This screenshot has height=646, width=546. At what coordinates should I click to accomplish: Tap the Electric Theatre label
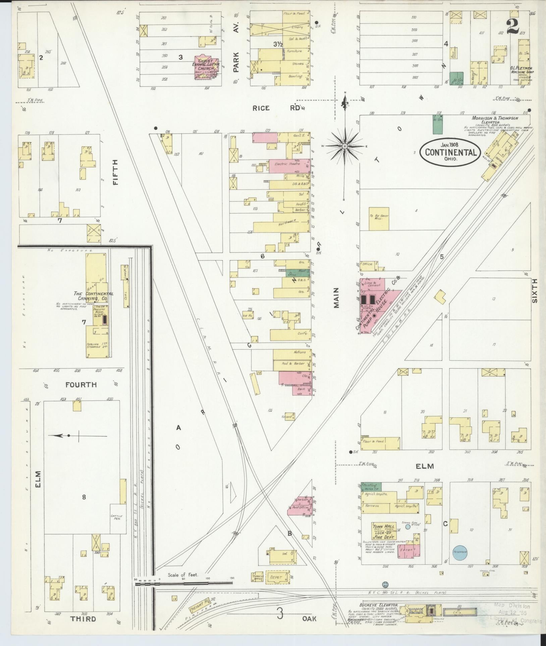tap(283, 164)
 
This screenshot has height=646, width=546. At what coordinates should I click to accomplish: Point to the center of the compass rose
tap(345, 146)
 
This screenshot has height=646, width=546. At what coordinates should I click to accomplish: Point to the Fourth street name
tap(81, 385)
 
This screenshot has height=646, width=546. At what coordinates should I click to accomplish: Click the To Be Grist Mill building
tap(379, 219)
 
